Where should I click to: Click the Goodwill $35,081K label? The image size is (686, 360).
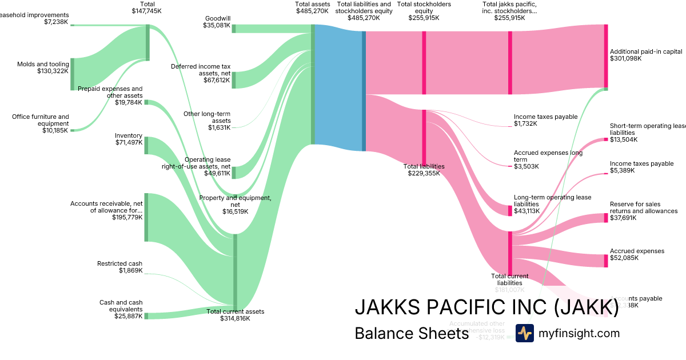pyautogui.click(x=217, y=22)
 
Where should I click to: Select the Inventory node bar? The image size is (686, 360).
pyautogui.click(x=146, y=145)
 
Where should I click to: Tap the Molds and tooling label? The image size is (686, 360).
pyautogui.click(x=43, y=67)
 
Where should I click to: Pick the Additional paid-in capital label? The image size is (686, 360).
pyautogui.click(x=646, y=55)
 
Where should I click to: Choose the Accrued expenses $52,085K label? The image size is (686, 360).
pyautogui.click(x=637, y=254)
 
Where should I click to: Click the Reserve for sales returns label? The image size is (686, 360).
pyautogui.click(x=643, y=211)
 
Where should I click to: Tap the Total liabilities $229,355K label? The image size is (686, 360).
pyautogui.click(x=424, y=170)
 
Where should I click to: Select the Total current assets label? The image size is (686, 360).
pyautogui.click(x=235, y=315)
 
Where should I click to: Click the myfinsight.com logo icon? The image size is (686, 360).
pyautogui.click(x=525, y=333)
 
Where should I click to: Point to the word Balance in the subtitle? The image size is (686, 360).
pyautogui.click(x=382, y=333)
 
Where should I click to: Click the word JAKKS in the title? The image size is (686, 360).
pyautogui.click(x=390, y=307)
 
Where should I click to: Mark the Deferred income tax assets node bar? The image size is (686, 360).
pyautogui.click(x=234, y=80)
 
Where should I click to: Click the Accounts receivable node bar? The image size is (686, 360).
pyautogui.click(x=146, y=217)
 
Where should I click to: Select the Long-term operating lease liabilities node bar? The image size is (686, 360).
pyautogui.click(x=510, y=210)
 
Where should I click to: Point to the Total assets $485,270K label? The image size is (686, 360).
pyautogui.click(x=312, y=7)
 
